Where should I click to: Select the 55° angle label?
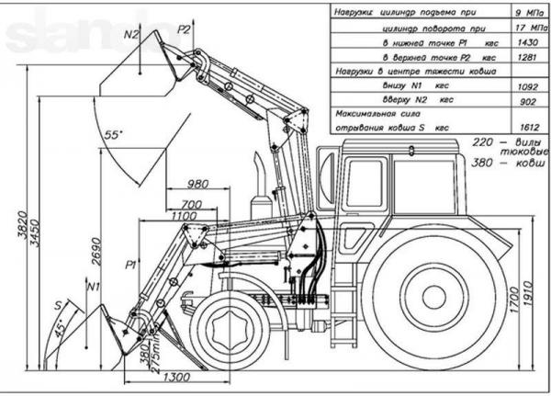114,134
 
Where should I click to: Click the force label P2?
185,30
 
